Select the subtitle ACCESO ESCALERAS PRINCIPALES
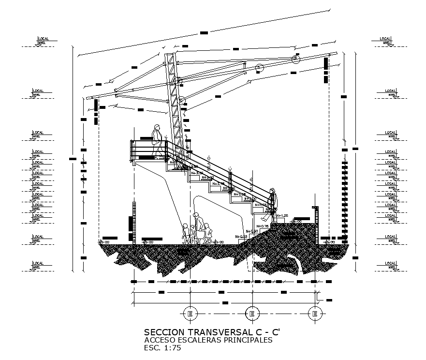[208, 340]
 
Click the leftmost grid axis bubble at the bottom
[190, 314]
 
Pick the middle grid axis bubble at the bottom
[251, 314]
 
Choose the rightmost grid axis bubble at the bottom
[315, 314]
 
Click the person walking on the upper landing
[157, 141]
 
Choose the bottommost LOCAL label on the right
[390, 263]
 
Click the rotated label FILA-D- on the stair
[209, 163]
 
